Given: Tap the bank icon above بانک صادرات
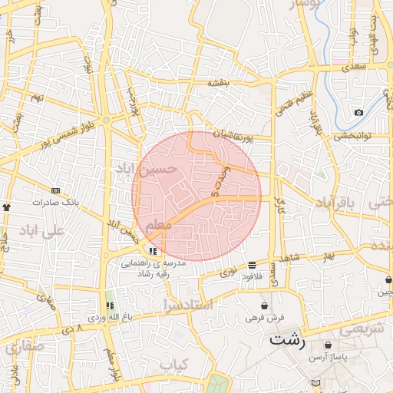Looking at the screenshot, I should (55, 190).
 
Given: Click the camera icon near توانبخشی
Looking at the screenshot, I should (358, 114).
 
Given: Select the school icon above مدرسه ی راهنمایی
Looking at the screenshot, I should (154, 250).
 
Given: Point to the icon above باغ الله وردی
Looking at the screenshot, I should (109, 305).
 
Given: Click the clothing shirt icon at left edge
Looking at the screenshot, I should (7, 206).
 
